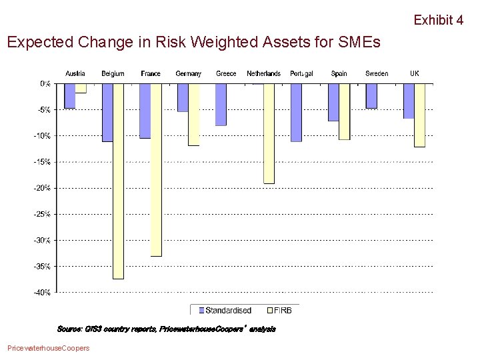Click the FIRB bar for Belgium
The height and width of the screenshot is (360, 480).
[118, 181]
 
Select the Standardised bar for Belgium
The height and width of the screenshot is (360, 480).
[107, 113]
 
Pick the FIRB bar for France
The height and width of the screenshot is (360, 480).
[156, 170]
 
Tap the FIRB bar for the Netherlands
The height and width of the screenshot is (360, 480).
[269, 133]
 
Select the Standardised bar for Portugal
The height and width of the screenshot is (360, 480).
[296, 113]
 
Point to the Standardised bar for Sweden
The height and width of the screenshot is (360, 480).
[371, 96]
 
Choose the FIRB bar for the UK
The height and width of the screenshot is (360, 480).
[419, 115]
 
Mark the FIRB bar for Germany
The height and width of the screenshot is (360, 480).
[193, 115]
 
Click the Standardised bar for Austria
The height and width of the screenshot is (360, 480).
[69, 96]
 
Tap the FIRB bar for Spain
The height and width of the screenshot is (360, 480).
[344, 112]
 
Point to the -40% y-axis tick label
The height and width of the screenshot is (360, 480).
[43, 293]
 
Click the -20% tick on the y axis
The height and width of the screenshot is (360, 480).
[43, 188]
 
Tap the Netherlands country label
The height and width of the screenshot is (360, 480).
[263, 73]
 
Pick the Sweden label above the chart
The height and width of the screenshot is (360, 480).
[377, 73]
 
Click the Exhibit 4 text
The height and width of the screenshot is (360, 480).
[438, 20]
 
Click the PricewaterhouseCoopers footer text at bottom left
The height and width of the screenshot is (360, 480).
[47, 348]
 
